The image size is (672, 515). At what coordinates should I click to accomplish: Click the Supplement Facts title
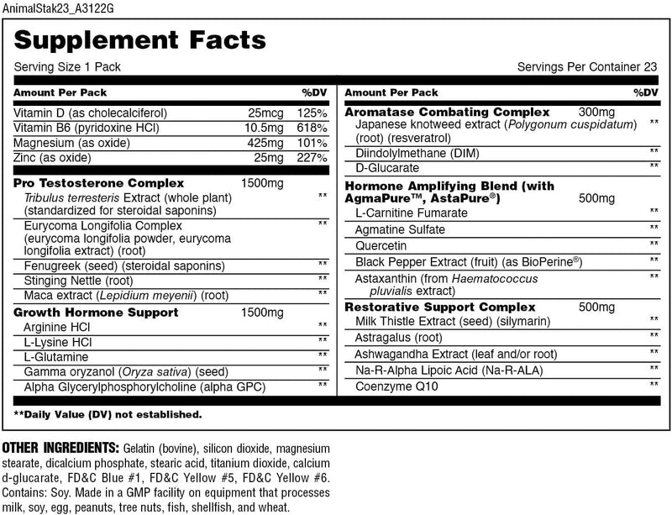[x=141, y=39]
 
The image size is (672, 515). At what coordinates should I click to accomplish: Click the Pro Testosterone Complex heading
[x=99, y=182]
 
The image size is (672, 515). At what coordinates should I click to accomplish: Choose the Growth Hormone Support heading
[x=96, y=313]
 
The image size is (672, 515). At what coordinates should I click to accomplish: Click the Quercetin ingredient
[x=382, y=245]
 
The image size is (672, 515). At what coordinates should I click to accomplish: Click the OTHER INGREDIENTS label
[x=60, y=447]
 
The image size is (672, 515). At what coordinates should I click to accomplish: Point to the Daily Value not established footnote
[x=108, y=414]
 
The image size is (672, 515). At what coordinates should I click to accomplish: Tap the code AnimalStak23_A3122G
[x=53, y=8]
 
